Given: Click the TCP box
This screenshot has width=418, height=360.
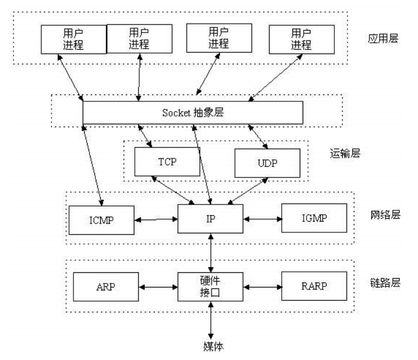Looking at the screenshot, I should (x=167, y=161).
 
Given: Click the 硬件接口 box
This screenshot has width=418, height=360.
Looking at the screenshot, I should (x=211, y=286).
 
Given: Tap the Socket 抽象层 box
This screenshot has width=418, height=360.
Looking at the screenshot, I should (x=193, y=112).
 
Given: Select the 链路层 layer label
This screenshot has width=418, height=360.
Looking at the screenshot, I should (x=384, y=282).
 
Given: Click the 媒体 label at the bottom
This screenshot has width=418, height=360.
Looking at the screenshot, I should (x=211, y=346).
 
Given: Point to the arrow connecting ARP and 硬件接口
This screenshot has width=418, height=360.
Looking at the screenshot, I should (x=157, y=286).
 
